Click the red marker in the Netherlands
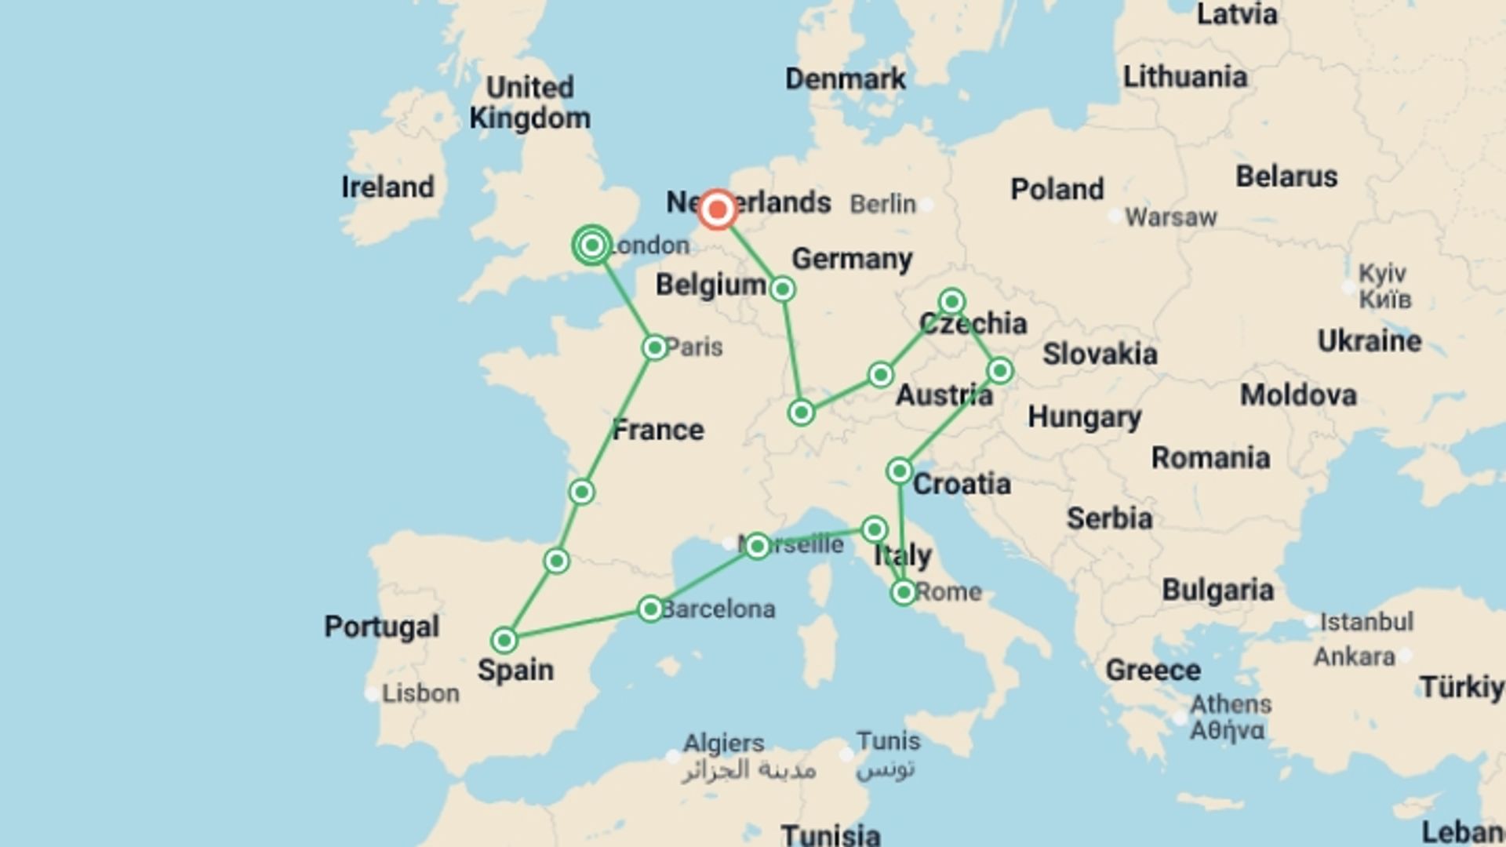click(717, 210)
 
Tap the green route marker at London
click(592, 245)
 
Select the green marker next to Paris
click(655, 347)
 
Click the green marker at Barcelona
click(650, 609)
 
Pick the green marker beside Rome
click(904, 592)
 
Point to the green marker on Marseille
click(757, 545)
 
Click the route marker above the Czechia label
click(951, 301)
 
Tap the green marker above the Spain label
click(504, 640)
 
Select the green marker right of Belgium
click(782, 289)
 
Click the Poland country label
click(1057, 189)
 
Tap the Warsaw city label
click(1170, 217)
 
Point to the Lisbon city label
click(420, 693)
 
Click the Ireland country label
click(387, 187)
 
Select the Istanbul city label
click(1366, 622)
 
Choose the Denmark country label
click(845, 78)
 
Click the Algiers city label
click(723, 742)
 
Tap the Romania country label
click(1210, 457)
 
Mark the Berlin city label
click(882, 204)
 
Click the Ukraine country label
click(1369, 340)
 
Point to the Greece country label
click(1152, 670)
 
